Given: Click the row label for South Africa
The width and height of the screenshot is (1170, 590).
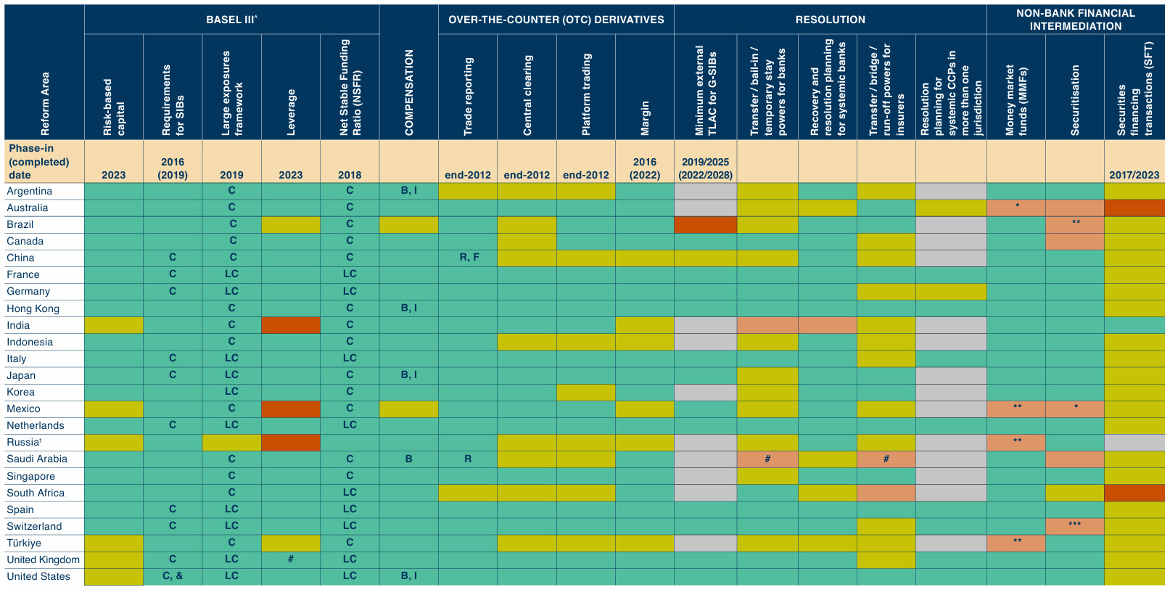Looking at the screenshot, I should pos(36,493).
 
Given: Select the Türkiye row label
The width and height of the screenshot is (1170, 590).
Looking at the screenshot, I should pos(25,543).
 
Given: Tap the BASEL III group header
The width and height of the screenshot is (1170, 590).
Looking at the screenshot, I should pos(231,20).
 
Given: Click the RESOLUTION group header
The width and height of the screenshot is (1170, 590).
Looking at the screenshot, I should pos(830,20).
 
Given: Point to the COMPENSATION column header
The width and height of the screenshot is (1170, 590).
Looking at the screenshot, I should pos(409,91).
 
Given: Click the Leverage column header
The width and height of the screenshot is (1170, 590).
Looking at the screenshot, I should pos(291,112).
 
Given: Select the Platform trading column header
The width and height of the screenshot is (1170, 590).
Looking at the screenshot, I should pos(586,94).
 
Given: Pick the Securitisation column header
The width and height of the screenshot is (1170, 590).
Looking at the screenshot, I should pos(1075,100).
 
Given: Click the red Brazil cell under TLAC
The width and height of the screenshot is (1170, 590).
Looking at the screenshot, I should pos(705,224).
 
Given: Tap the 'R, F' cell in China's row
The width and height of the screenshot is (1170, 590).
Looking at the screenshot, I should pos(469,257).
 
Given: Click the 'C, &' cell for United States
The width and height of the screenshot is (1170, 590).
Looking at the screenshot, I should pos(173,576).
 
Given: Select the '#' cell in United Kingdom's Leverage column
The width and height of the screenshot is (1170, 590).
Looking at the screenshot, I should pos(291,559).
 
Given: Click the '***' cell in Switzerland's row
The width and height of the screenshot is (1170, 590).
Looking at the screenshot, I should pos(1075,525).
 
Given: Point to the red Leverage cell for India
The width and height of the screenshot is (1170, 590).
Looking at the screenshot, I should pos(291,324).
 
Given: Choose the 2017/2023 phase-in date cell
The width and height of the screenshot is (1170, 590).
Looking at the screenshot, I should pos(1134,175).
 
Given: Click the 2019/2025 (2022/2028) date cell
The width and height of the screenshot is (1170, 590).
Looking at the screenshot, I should pos(705,168).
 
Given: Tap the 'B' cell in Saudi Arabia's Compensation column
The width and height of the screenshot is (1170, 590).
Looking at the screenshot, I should pos(409,459).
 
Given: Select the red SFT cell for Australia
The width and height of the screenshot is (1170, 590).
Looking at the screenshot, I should pos(1134,208).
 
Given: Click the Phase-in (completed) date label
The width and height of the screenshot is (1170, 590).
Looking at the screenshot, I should pos(39,162).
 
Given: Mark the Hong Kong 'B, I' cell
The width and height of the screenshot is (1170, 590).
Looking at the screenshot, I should pos(409,308).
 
